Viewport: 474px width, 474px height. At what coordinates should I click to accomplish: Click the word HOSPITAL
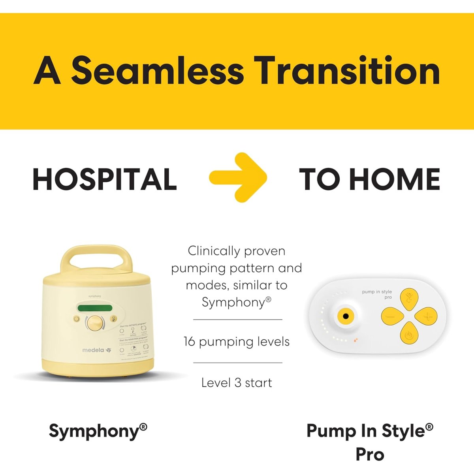tap(105, 179)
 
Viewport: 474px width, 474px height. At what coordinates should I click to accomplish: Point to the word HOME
tap(395, 179)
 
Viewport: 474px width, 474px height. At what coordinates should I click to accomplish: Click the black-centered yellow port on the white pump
tap(346, 316)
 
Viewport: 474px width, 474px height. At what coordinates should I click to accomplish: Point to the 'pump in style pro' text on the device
tap(377, 294)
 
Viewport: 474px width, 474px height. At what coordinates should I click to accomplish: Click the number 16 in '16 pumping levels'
tap(189, 342)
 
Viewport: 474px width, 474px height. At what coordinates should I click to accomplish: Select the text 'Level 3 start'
tap(237, 382)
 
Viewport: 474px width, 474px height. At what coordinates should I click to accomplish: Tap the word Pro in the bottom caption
tap(370, 454)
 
